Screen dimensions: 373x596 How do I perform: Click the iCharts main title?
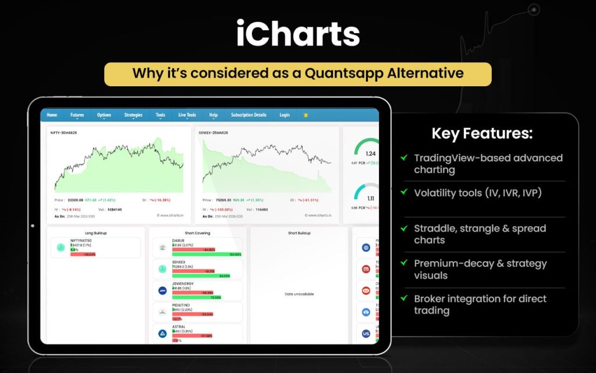click(x=297, y=34)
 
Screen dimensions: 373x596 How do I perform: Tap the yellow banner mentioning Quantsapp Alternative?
click(x=297, y=74)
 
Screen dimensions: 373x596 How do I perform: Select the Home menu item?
click(x=52, y=115)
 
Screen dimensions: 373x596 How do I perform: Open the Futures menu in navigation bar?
click(x=77, y=115)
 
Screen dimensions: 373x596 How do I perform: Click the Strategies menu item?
click(x=133, y=115)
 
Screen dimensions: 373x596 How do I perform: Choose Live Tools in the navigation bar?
click(x=187, y=115)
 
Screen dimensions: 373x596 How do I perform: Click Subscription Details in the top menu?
click(x=249, y=115)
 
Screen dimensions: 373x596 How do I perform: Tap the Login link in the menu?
click(x=284, y=115)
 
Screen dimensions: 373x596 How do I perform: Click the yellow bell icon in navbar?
click(x=306, y=115)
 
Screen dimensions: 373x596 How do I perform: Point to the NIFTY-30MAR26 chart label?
click(x=64, y=133)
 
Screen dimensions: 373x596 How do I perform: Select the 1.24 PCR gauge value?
click(x=370, y=153)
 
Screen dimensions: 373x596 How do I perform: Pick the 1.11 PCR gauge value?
click(x=370, y=199)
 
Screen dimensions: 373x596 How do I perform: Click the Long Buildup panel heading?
click(x=95, y=233)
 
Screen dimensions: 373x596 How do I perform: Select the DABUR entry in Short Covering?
click(x=179, y=240)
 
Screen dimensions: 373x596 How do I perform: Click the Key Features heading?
click(x=481, y=133)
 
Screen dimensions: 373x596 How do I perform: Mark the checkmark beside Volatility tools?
click(x=404, y=192)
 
